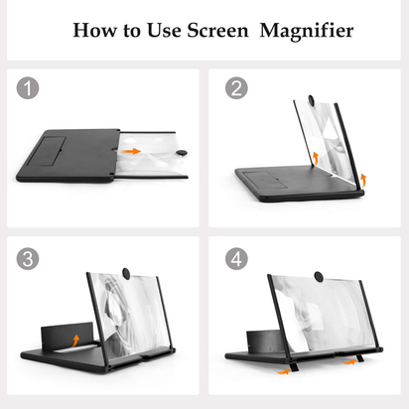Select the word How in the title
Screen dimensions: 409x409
pos(93,30)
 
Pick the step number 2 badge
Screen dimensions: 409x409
pos(236,89)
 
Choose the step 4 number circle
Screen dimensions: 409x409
pos(236,260)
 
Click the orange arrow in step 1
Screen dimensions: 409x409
pos(130,152)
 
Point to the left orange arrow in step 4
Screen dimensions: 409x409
pos(285,371)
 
